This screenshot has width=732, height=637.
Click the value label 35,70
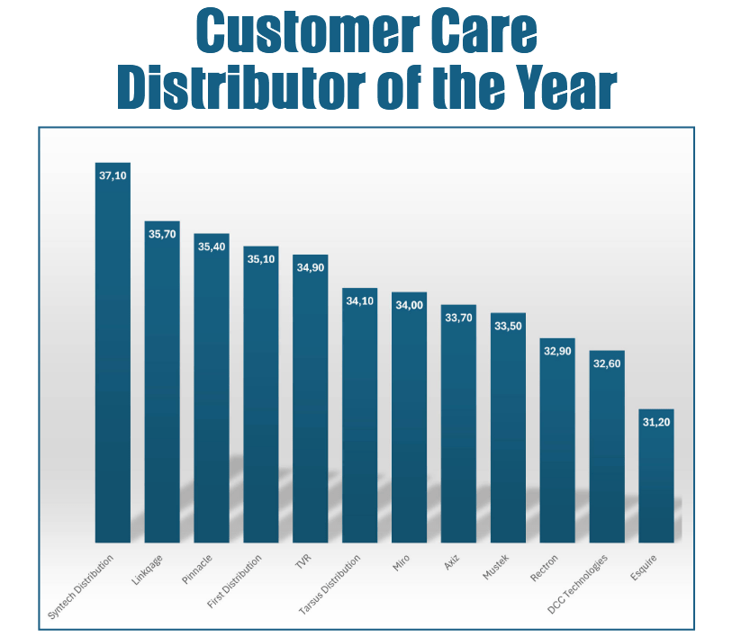(x=162, y=234)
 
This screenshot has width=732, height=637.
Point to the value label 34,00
(x=409, y=305)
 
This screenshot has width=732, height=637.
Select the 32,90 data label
(x=557, y=351)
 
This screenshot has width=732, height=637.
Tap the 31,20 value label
(x=655, y=422)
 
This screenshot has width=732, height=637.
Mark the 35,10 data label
(x=260, y=259)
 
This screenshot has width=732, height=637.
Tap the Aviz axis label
(x=451, y=563)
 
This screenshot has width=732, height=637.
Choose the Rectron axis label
(x=545, y=570)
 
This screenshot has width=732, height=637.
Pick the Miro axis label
(x=402, y=564)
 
